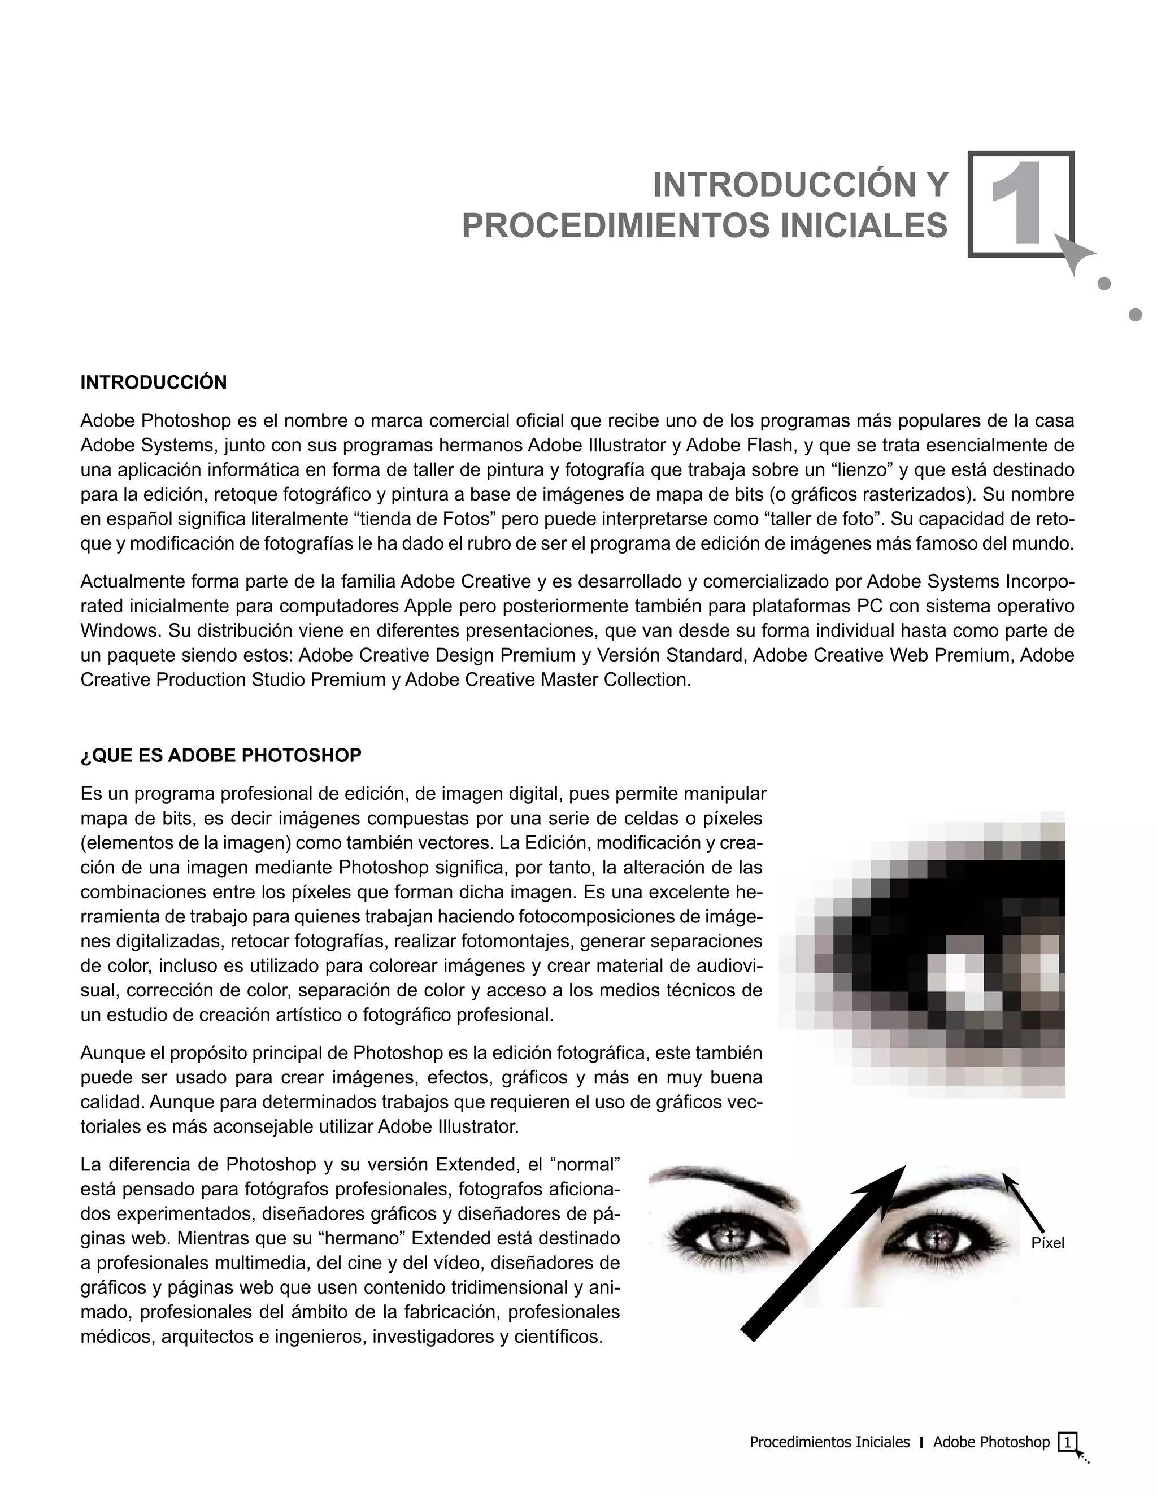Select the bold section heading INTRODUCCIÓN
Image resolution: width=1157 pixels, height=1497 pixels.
coord(154,382)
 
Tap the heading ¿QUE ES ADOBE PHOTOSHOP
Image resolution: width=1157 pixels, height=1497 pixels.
coord(221,755)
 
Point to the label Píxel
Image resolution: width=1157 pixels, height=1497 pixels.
coord(1047,1243)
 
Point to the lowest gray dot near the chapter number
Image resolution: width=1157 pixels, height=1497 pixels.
coord(1135,315)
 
